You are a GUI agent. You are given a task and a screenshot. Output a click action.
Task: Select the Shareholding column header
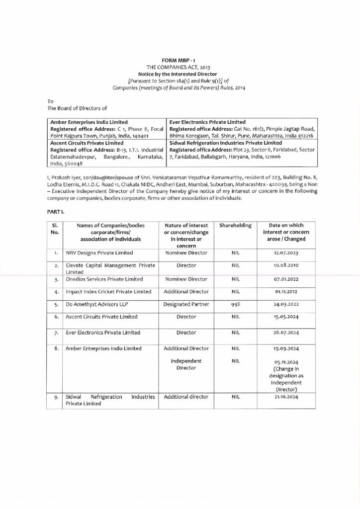(236, 225)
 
